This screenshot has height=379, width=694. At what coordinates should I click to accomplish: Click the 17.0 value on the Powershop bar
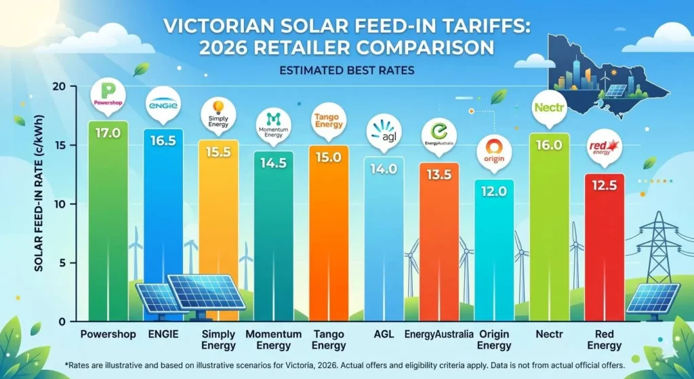108,133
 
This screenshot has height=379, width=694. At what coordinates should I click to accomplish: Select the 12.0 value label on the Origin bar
494,192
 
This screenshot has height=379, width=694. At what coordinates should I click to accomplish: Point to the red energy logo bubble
605,148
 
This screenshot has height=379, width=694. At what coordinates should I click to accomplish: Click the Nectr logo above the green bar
549,108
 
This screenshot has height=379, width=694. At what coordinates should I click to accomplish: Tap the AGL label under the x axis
384,334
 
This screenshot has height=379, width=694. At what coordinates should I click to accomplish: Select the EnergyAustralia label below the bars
439,334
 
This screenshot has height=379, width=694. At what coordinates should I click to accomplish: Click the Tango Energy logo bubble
329,120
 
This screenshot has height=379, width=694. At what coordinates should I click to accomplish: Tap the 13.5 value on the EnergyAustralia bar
439,174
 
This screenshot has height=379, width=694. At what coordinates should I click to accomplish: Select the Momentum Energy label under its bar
274,340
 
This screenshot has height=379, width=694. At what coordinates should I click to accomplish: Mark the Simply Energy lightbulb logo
218,106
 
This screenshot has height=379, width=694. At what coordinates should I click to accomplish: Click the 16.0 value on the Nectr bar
549,145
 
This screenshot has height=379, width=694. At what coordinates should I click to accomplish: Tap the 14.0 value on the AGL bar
384,169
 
